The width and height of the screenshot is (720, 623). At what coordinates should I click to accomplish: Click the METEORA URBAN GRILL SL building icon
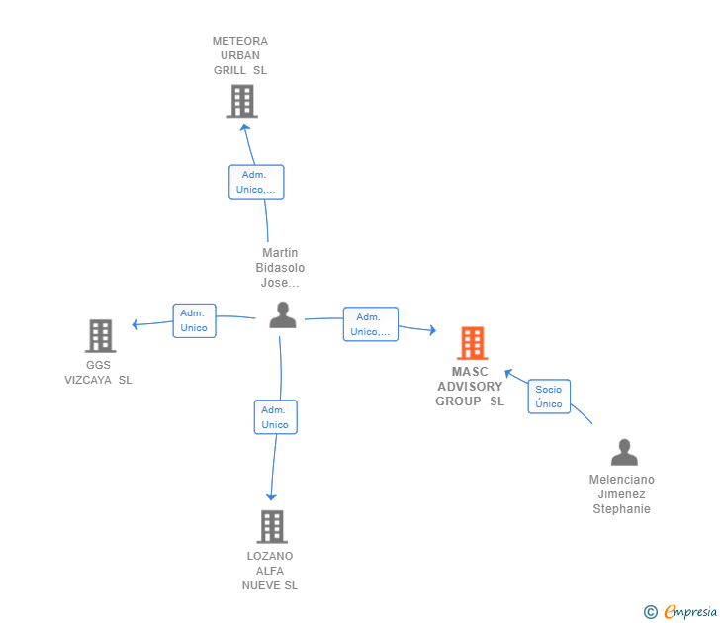pyautogui.click(x=242, y=101)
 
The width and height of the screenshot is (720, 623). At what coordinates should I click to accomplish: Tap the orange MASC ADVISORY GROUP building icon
pyautogui.click(x=473, y=343)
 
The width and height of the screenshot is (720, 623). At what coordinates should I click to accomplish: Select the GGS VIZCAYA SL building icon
pyautogui.click(x=101, y=336)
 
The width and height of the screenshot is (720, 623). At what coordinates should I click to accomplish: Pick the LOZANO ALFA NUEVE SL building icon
pyautogui.click(x=272, y=527)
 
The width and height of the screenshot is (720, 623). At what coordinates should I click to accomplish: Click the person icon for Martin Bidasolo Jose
pyautogui.click(x=283, y=314)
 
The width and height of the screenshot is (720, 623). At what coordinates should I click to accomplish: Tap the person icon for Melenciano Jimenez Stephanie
pyautogui.click(x=624, y=452)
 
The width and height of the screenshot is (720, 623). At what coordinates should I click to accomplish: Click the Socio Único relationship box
pyautogui.click(x=549, y=397)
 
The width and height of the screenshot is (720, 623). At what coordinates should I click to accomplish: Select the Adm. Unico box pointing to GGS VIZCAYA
pyautogui.click(x=194, y=321)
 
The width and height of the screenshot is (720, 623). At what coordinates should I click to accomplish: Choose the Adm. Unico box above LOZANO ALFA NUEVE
pyautogui.click(x=276, y=417)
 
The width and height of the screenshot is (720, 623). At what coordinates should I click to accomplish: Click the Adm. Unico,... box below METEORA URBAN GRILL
pyautogui.click(x=256, y=182)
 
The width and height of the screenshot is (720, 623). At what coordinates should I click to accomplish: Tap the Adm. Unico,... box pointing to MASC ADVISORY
pyautogui.click(x=371, y=324)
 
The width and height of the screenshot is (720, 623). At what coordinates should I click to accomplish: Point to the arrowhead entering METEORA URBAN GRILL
pyautogui.click(x=245, y=128)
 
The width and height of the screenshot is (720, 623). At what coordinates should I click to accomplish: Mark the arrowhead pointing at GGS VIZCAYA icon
pyautogui.click(x=135, y=324)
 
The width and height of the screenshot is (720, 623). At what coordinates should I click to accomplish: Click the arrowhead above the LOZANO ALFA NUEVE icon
pyautogui.click(x=271, y=497)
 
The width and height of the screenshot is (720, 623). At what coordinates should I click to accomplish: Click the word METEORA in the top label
pyautogui.click(x=239, y=41)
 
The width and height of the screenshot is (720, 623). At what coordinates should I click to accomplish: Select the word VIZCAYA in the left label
pyautogui.click(x=88, y=380)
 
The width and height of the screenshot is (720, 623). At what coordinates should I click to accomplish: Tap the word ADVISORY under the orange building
pyautogui.click(x=470, y=387)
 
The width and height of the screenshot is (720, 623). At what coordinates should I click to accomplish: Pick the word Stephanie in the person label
pyautogui.click(x=621, y=509)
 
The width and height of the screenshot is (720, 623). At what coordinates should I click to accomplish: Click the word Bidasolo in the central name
pyautogui.click(x=280, y=268)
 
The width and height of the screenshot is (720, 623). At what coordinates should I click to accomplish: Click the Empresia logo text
pyautogui.click(x=690, y=612)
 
